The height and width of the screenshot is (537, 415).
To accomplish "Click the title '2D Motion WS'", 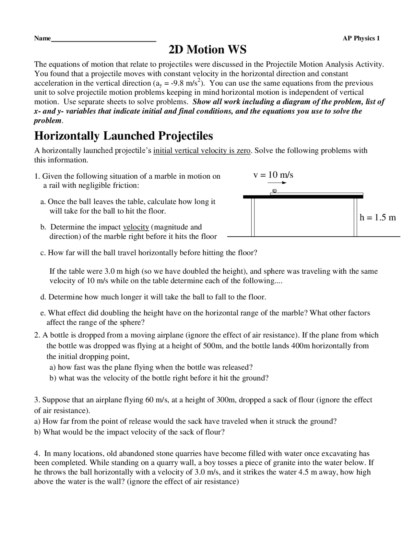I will coord(207,50).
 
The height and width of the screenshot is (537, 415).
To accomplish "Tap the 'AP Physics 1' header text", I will coord(361,39).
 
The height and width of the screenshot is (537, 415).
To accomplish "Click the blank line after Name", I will coord(104,40).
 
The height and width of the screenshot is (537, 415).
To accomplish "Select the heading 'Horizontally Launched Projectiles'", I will coord(124,136).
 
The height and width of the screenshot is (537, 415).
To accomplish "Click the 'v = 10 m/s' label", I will coord(273,175).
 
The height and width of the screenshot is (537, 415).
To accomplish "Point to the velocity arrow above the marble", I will coord(279,183).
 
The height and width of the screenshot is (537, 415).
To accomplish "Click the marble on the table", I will coord(274,191).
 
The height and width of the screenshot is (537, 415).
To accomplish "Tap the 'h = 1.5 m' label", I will coord(378,218).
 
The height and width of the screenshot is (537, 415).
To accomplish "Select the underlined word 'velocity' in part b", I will coord(136,227).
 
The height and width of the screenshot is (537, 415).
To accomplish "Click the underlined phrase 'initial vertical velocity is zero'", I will coord(202,151).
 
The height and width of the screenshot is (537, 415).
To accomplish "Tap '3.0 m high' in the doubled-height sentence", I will coord(122,271).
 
